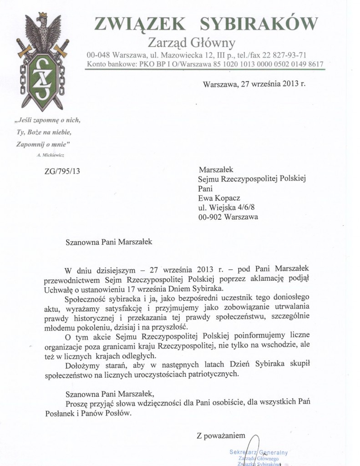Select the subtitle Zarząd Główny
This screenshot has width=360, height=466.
192,43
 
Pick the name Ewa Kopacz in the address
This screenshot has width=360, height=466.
220,198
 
